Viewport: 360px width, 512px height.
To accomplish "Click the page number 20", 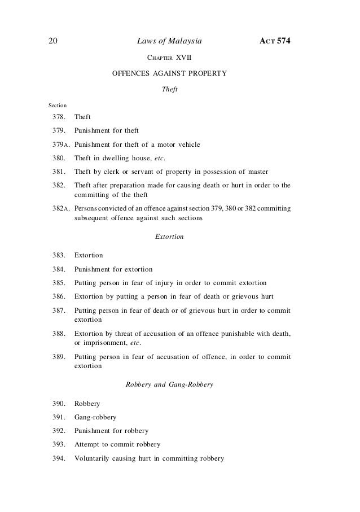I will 51,41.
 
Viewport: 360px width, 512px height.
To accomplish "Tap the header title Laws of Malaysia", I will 169,41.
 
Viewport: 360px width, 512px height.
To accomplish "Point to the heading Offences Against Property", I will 169,73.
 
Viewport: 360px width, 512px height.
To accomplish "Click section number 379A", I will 59,145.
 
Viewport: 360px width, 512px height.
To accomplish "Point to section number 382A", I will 59,209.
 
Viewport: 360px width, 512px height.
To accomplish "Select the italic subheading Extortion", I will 169,237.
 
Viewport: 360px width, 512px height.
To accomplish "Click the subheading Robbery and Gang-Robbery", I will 169,386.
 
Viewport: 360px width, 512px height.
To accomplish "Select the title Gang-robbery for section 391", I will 95,418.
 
